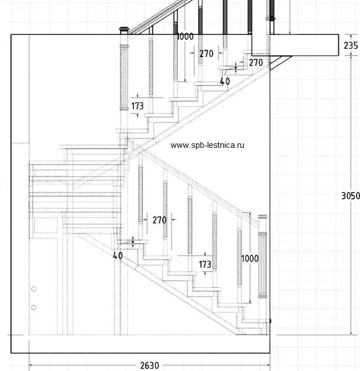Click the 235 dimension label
[350, 45]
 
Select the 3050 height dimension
[350, 195]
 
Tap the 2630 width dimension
[149, 365]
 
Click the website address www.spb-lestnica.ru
[207, 145]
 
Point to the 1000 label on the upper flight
[185, 37]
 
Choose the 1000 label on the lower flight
[250, 258]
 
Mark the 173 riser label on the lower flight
[205, 265]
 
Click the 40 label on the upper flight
[225, 81]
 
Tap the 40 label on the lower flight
[117, 256]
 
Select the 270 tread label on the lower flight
[159, 220]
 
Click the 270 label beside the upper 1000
[206, 54]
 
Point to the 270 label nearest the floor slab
[255, 63]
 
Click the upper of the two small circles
[34, 289]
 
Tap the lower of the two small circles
[34, 307]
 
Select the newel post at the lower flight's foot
[263, 266]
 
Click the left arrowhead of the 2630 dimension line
[30, 364]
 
